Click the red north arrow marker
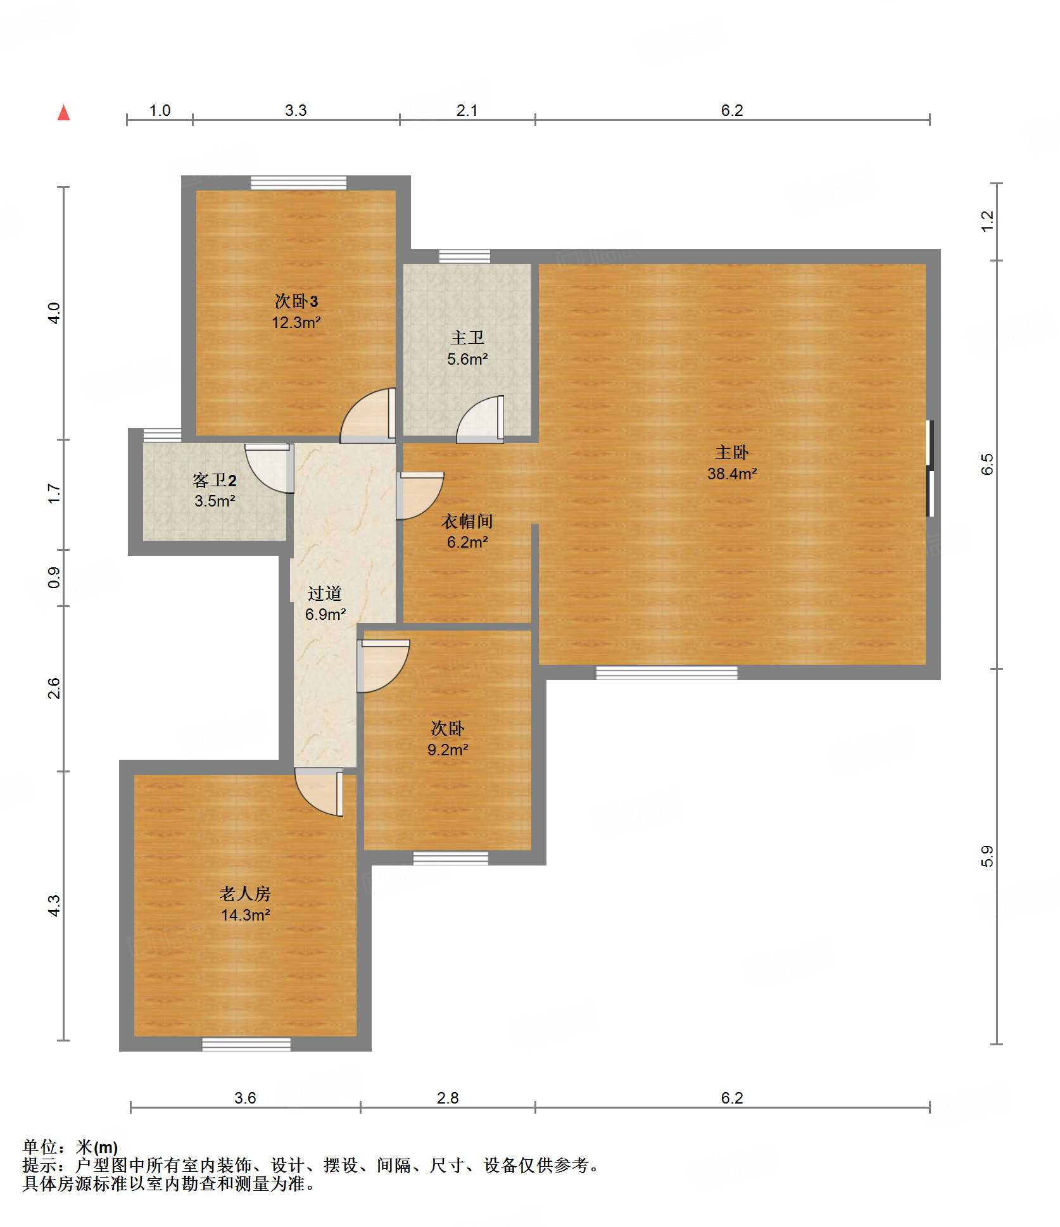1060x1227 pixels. (63, 113)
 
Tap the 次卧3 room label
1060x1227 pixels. (296, 301)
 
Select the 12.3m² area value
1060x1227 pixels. (296, 322)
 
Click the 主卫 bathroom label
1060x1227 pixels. (467, 337)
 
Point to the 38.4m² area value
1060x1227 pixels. (732, 474)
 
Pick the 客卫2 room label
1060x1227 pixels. (215, 480)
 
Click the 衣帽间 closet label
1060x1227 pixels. (467, 521)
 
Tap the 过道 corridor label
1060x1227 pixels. (325, 593)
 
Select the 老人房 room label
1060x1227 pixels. (245, 894)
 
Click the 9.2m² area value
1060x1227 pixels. (448, 750)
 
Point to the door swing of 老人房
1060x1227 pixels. (319, 792)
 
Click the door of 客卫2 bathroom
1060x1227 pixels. (270, 469)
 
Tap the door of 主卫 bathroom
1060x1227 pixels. (480, 419)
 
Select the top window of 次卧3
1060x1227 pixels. (299, 182)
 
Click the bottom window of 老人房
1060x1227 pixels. (246, 1044)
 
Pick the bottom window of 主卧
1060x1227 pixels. (667, 672)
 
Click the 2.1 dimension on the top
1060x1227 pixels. (467, 110)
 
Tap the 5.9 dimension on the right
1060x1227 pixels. (987, 856)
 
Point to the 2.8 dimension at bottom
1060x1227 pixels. (448, 1098)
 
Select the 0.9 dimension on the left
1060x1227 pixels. (54, 577)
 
